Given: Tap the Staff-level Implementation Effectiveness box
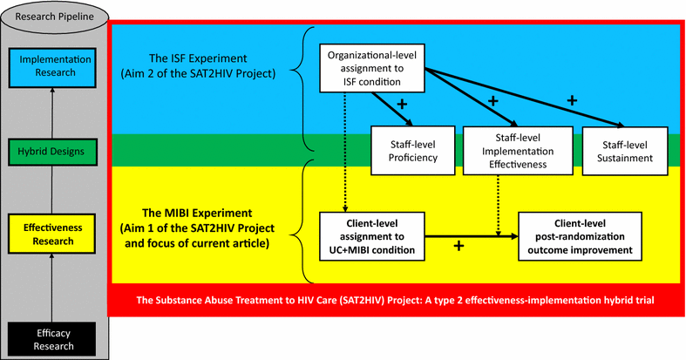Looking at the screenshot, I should [506, 150].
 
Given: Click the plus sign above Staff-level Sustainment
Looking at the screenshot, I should [573, 100].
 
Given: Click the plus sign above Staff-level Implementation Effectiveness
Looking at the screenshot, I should [493, 101].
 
